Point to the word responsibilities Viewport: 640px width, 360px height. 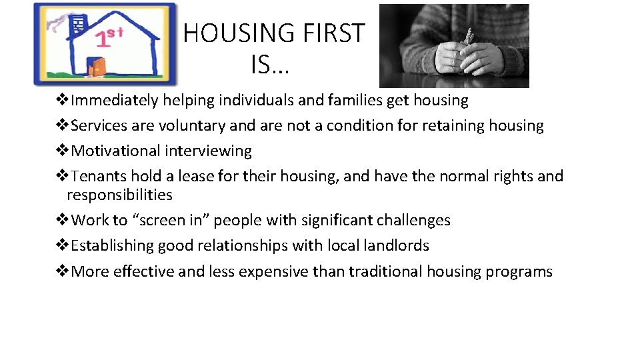(x=119, y=195)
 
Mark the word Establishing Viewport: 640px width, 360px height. (x=112, y=246)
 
